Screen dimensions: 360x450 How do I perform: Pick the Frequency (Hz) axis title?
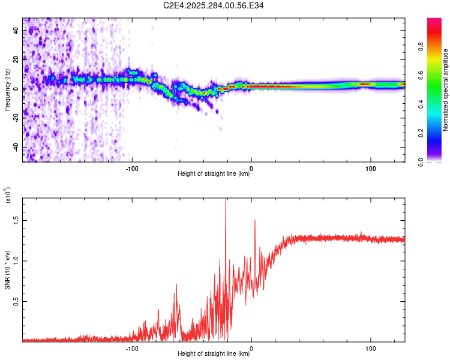coord(7,91)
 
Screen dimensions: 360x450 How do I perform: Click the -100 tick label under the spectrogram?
coord(132,169)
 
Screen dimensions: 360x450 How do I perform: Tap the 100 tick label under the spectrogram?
coord(371,169)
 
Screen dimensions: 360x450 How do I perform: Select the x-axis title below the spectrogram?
coord(214,175)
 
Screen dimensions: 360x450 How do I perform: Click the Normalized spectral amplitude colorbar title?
coord(446,90)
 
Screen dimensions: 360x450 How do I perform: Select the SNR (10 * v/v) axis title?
coord(7,269)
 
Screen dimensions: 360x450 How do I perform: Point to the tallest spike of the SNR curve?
coord(226,200)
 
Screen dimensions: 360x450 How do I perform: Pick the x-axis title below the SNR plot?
coord(214,354)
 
